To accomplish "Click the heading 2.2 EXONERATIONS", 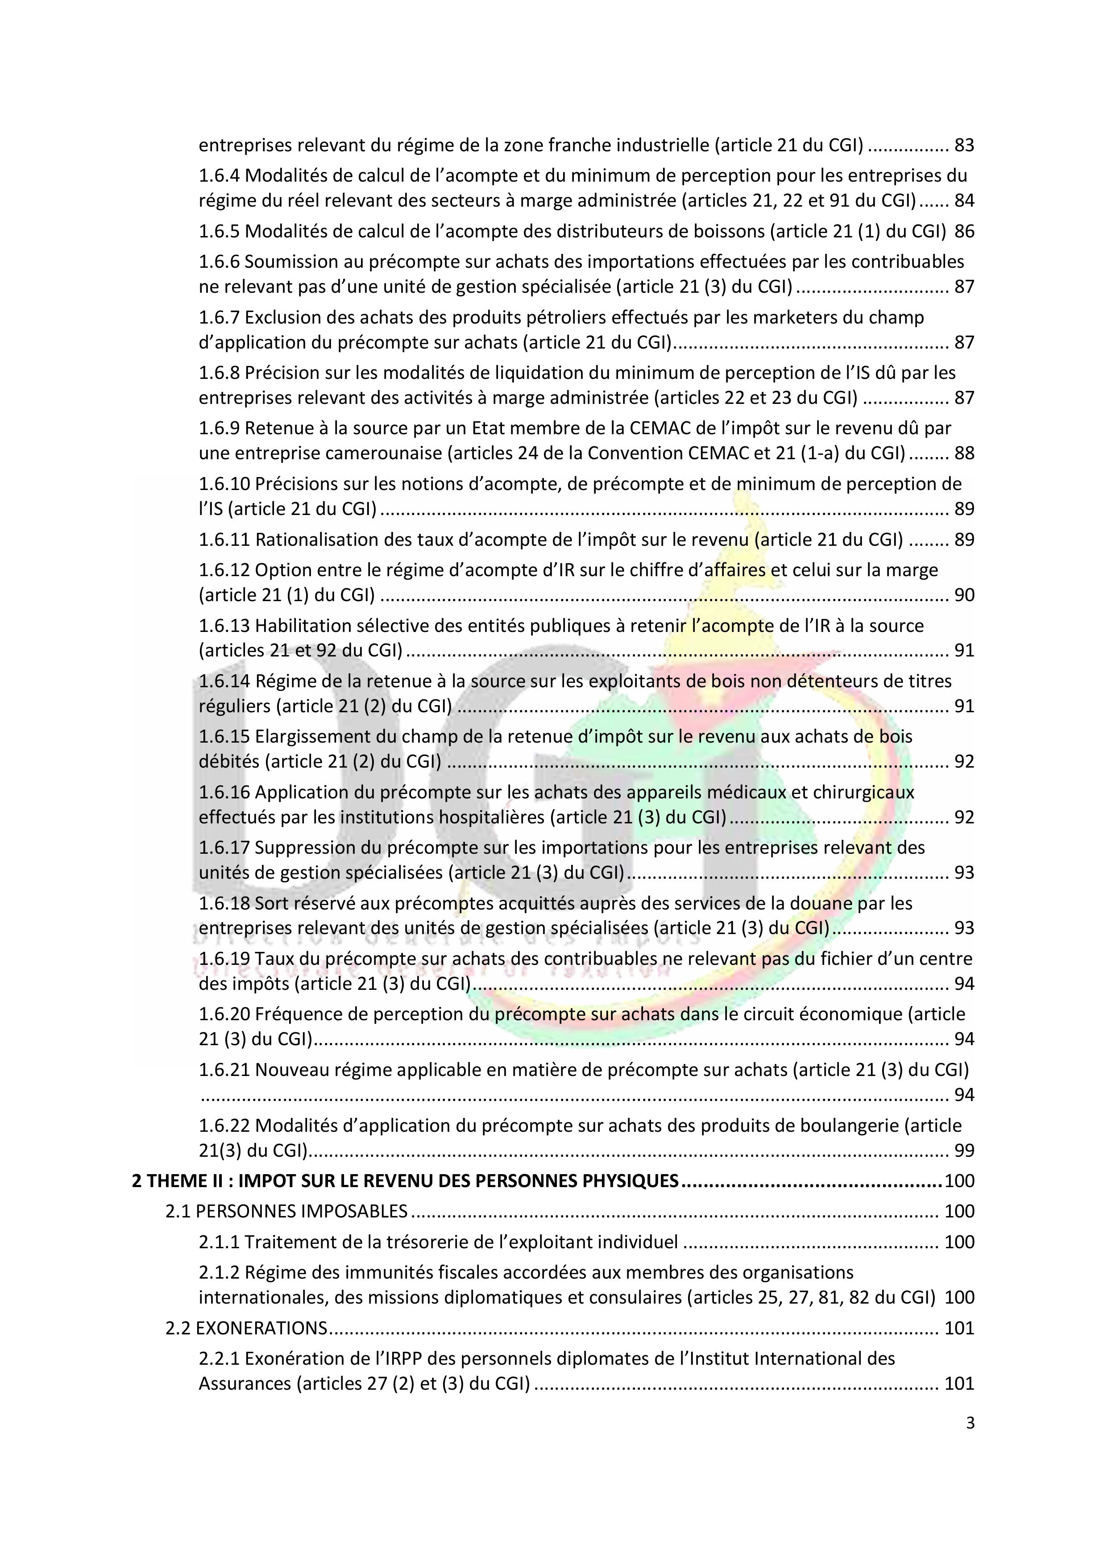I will [x=246, y=1329].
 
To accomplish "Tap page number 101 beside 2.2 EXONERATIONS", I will [x=959, y=1329].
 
